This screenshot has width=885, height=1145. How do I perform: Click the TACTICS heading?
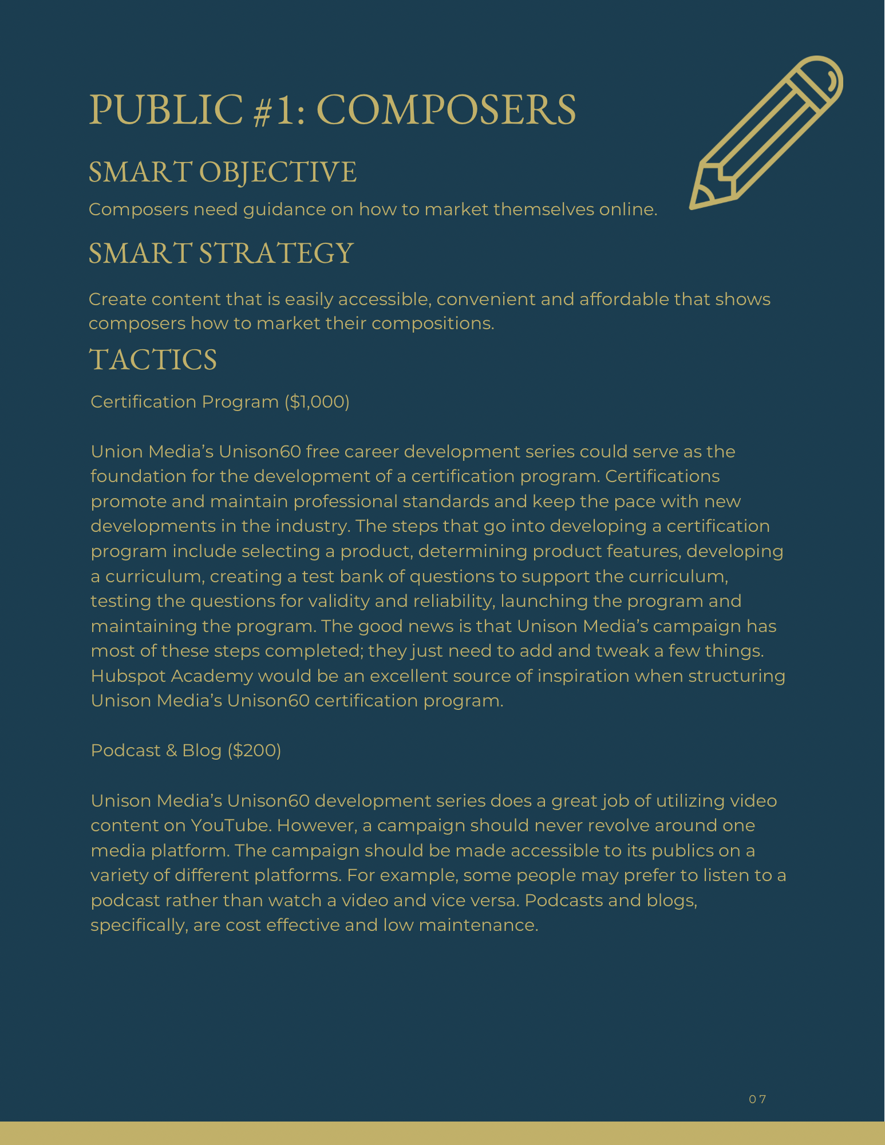[x=153, y=360]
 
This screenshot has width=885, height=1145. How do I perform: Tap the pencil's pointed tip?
[x=694, y=205]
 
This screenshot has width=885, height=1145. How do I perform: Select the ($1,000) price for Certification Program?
[x=317, y=402]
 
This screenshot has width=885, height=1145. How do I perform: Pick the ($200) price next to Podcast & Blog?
[x=254, y=751]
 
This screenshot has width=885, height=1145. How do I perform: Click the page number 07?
[x=757, y=1099]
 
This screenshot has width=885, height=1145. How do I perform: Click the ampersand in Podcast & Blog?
[x=171, y=751]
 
